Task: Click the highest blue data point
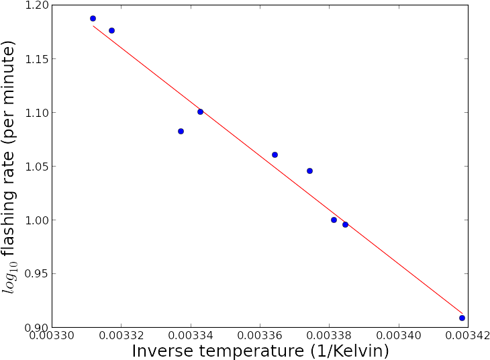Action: (x=93, y=18)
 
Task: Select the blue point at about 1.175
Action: (x=111, y=30)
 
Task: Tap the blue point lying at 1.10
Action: (x=200, y=111)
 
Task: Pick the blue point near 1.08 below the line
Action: (x=181, y=131)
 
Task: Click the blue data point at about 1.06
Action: (x=275, y=154)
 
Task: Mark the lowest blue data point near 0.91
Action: (x=462, y=318)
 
